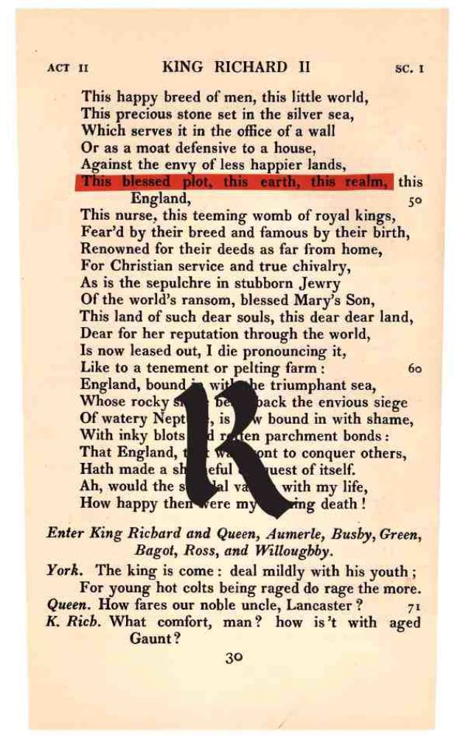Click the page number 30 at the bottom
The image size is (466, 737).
tap(234, 658)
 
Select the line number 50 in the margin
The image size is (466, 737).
tap(414, 200)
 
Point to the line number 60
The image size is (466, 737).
tap(414, 368)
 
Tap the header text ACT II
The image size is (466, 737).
tap(67, 69)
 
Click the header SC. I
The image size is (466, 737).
tap(409, 69)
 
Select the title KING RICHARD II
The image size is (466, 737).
tap(237, 67)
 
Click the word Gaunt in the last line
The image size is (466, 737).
tap(155, 638)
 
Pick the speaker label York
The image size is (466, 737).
tap(63, 571)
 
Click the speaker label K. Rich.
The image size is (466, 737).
tap(74, 621)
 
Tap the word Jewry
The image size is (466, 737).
tap(315, 284)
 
